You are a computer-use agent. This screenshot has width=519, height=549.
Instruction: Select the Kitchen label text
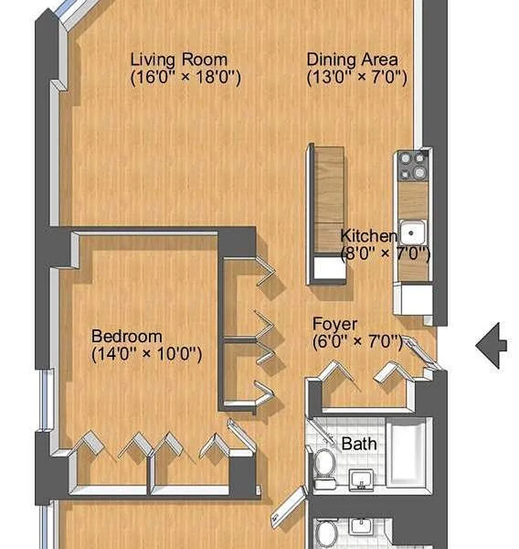pyautogui.click(x=369, y=235)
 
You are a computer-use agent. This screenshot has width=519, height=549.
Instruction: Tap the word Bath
pyautogui.click(x=359, y=443)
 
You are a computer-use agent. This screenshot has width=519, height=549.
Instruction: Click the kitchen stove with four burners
pyautogui.click(x=413, y=165)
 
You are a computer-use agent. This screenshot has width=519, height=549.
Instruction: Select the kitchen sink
pyautogui.click(x=413, y=233)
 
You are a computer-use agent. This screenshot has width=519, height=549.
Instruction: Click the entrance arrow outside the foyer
pyautogui.click(x=491, y=345)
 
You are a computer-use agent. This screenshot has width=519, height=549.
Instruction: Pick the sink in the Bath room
pyautogui.click(x=361, y=480)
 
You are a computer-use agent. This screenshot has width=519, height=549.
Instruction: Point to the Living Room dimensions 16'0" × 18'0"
pyautogui.click(x=186, y=77)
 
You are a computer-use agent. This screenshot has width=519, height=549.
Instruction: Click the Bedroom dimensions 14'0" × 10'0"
pyautogui.click(x=147, y=354)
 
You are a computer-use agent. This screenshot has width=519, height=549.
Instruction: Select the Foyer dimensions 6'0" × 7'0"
pyautogui.click(x=357, y=341)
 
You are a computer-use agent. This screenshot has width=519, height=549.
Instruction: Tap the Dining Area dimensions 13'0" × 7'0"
pyautogui.click(x=357, y=77)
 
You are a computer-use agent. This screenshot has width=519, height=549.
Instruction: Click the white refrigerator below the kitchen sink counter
pyautogui.click(x=413, y=299)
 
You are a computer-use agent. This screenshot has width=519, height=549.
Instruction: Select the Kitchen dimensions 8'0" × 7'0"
pyautogui.click(x=385, y=253)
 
